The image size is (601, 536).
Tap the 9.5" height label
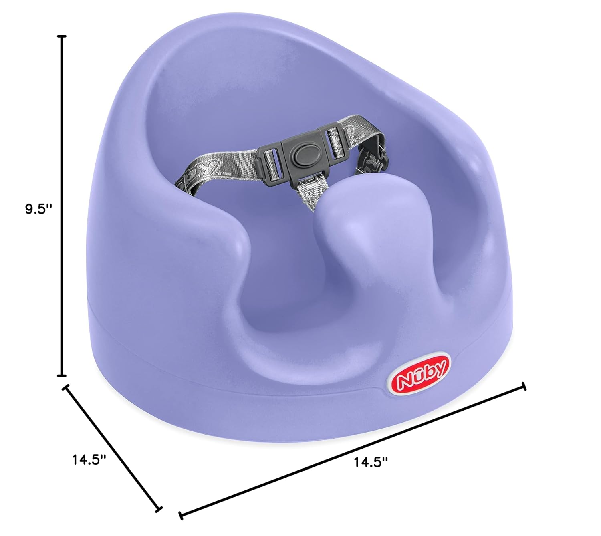(38, 209)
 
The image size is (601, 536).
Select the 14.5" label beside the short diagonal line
(89, 460)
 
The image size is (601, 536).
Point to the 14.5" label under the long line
(371, 462)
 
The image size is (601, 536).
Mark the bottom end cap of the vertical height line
(61, 376)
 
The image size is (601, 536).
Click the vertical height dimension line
(61, 206)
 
